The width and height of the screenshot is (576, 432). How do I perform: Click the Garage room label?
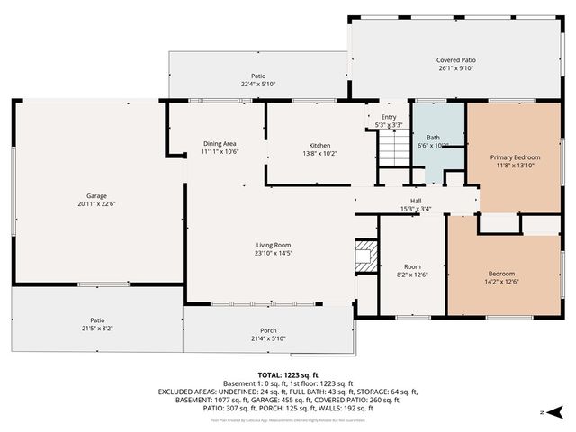tap(96, 195)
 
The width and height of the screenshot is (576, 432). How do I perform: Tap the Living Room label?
tap(274, 245)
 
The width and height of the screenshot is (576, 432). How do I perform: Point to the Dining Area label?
tap(220, 144)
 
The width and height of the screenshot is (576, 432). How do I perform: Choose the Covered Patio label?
tap(456, 59)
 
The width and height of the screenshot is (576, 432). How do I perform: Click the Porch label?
tap(268, 330)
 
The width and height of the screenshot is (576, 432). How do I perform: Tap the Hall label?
tap(416, 201)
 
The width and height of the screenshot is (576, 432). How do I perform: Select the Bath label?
tap(433, 138)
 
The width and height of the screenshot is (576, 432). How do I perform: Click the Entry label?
tap(389, 117)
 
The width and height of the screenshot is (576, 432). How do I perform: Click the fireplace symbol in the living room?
tap(365, 256)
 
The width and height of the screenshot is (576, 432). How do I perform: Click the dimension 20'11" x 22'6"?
tap(96, 203)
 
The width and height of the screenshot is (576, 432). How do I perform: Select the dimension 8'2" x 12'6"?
tap(412, 274)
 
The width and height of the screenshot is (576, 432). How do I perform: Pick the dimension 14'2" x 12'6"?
tap(501, 282)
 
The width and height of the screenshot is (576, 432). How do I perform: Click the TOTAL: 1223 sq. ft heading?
tap(288, 374)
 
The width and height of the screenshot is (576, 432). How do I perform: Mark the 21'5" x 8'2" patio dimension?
tap(97, 328)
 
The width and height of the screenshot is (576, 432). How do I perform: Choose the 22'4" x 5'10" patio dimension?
tap(257, 84)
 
